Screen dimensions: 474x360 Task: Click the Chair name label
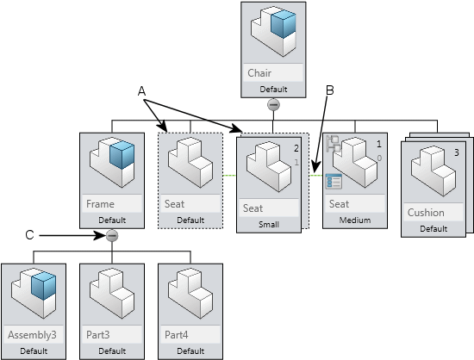[x=259, y=73]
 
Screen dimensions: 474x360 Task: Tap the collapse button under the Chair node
[x=273, y=105]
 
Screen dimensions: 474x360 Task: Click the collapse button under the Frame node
[x=112, y=236]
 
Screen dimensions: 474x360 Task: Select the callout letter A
[x=141, y=91]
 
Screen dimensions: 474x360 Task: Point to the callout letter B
[x=330, y=90]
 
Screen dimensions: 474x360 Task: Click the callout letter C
[x=29, y=235]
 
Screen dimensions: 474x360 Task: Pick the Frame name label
[x=100, y=204]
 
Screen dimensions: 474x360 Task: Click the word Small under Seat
[x=269, y=225]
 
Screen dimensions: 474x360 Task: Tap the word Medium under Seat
[x=355, y=220]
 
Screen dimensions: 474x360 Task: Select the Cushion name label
[x=426, y=213]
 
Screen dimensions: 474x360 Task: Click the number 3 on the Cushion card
[x=457, y=152]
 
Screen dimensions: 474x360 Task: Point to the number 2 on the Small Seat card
[x=296, y=148]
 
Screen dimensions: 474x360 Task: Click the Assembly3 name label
[x=32, y=335]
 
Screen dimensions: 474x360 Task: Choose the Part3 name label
[x=98, y=335]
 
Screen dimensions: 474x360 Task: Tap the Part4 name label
[x=176, y=335]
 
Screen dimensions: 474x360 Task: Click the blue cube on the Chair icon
[x=284, y=23]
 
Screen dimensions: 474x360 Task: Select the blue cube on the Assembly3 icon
[x=44, y=285]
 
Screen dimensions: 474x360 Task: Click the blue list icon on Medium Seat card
[x=334, y=181]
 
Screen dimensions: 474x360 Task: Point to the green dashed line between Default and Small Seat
[x=229, y=175]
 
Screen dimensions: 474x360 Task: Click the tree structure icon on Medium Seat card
[x=334, y=144]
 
